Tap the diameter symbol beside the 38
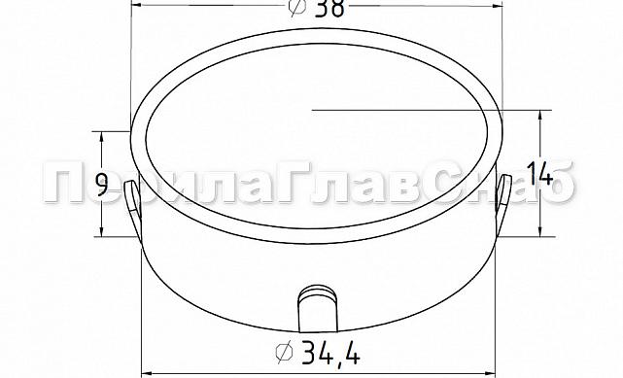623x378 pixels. (297, 7)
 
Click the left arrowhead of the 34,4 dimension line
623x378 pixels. (148, 372)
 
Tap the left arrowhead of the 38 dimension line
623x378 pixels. (134, 4)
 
